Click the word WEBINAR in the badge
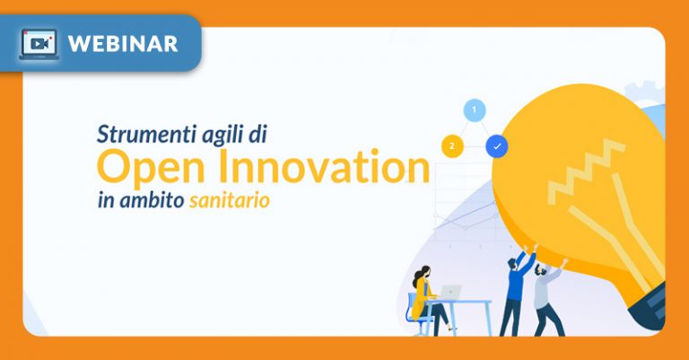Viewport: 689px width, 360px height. click(x=122, y=43)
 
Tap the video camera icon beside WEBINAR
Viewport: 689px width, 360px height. click(x=39, y=43)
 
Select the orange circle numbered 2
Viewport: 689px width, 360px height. click(x=452, y=145)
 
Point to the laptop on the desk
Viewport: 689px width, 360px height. click(x=449, y=293)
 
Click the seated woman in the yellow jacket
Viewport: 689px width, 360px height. click(x=423, y=296)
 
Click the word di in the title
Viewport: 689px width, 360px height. click(x=259, y=136)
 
